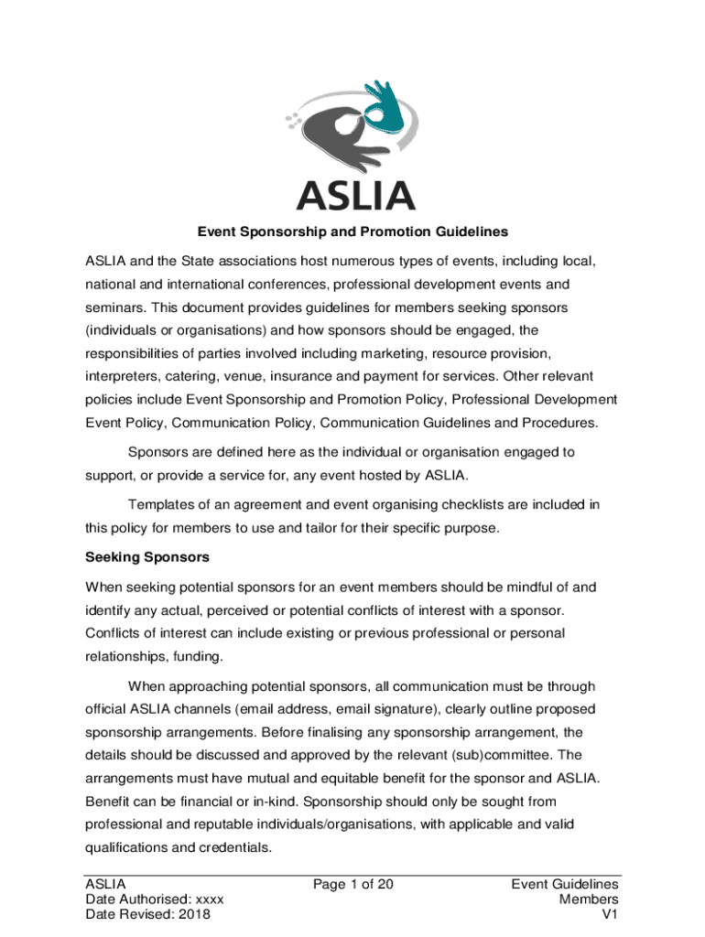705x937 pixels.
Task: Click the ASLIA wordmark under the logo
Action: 355,195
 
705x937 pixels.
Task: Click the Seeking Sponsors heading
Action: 147,556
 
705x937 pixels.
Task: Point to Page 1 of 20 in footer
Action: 353,884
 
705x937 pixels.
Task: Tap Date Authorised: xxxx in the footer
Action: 155,899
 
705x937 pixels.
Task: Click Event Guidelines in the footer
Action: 565,884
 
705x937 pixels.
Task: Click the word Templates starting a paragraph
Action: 160,504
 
